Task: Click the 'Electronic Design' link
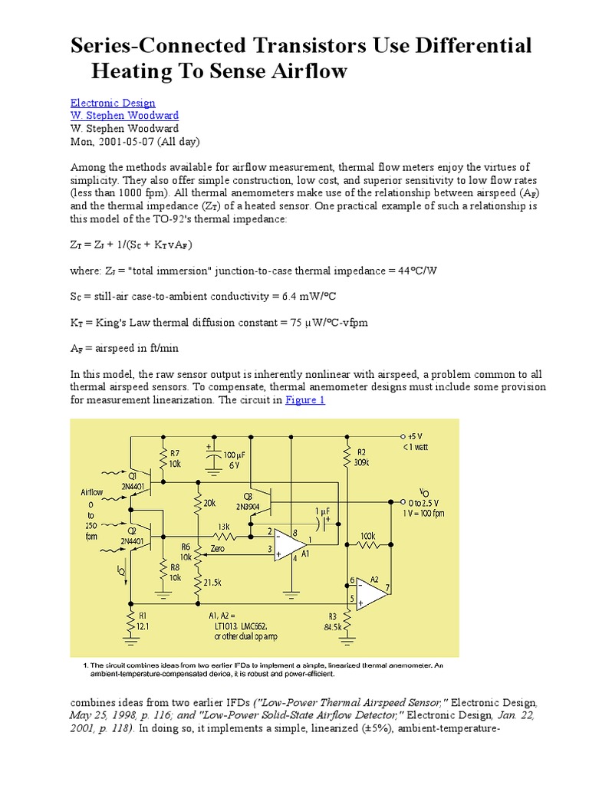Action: pyautogui.click(x=113, y=103)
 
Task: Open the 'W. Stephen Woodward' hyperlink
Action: pyautogui.click(x=124, y=116)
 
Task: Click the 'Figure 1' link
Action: pyautogui.click(x=305, y=400)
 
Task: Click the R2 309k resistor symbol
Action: pyautogui.click(x=347, y=458)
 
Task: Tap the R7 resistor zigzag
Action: pyautogui.click(x=163, y=459)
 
